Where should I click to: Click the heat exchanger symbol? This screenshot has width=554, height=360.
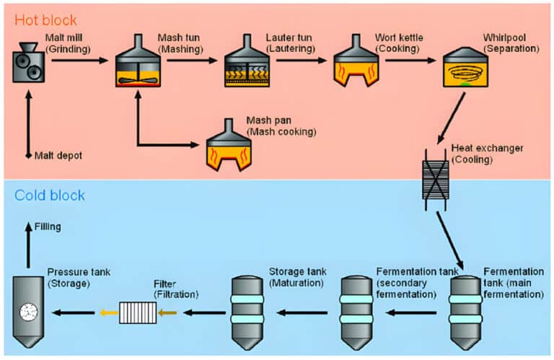(x=435, y=180)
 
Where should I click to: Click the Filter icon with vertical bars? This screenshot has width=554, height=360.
(x=138, y=313)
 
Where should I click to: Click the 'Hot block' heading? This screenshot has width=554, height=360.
(x=45, y=19)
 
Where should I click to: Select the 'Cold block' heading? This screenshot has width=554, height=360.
(x=50, y=196)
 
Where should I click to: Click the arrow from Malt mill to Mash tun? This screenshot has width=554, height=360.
(x=79, y=61)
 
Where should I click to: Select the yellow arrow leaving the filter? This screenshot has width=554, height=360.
(x=110, y=313)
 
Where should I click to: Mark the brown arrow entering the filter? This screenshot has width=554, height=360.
(x=167, y=313)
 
